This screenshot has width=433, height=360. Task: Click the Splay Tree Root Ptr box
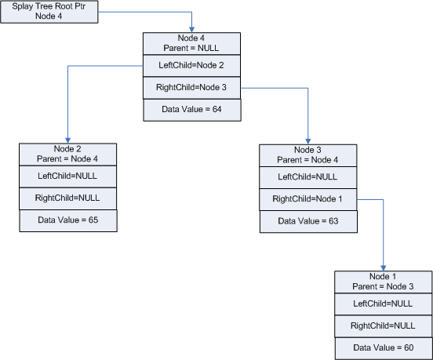pos(50,13)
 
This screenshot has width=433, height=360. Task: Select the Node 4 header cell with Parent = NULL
pos(191,43)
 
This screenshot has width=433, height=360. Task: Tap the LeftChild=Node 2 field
pos(191,66)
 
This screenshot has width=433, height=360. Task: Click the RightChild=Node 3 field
pos(191,89)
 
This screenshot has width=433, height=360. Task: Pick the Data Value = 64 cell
pos(191,111)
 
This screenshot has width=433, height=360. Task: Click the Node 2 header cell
pos(67,154)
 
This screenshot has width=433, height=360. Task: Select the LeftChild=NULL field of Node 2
pos(67,176)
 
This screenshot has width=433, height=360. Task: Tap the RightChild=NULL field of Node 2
pos(67,199)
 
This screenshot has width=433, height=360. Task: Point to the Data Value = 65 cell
pos(67,221)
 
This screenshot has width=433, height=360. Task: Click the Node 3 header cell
pos(308,155)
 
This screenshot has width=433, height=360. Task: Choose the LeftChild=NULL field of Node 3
pos(308,177)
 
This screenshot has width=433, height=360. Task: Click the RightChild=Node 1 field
pos(308,199)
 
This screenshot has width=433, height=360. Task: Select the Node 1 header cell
pos(384,282)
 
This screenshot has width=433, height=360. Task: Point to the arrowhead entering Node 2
pos(67,140)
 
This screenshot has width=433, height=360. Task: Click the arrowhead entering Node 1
pos(384,267)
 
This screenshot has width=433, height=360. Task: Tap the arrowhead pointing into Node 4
pos(191,29)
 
